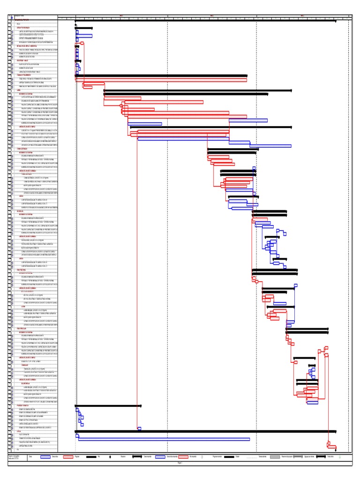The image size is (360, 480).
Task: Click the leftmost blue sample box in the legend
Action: [45, 456]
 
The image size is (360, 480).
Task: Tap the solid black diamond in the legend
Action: [110, 456]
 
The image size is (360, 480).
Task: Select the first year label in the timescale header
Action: [121, 15]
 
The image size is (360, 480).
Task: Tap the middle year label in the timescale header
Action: [211, 15]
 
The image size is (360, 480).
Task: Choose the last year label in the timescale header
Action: [302, 15]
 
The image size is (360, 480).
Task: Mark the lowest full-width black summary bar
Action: [205, 431]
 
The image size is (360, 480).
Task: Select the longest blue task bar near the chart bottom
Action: [164, 439]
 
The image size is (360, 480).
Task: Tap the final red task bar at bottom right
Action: [332, 446]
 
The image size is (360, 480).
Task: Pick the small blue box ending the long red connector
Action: [139, 428]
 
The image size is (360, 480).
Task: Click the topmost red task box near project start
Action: [82, 43]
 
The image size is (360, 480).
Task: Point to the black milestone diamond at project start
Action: [75, 24]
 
